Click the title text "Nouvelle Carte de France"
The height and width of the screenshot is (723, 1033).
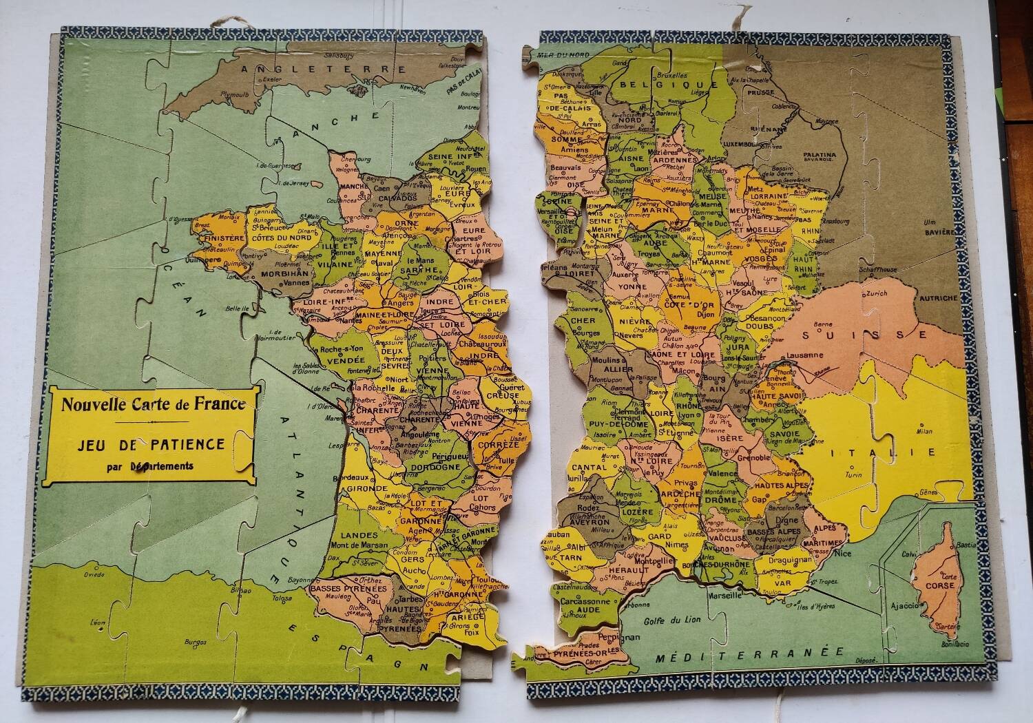(153, 404)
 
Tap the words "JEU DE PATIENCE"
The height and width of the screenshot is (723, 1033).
(152, 445)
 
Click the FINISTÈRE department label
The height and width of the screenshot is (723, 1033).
(219, 239)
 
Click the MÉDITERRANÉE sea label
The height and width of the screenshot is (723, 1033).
(750, 655)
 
